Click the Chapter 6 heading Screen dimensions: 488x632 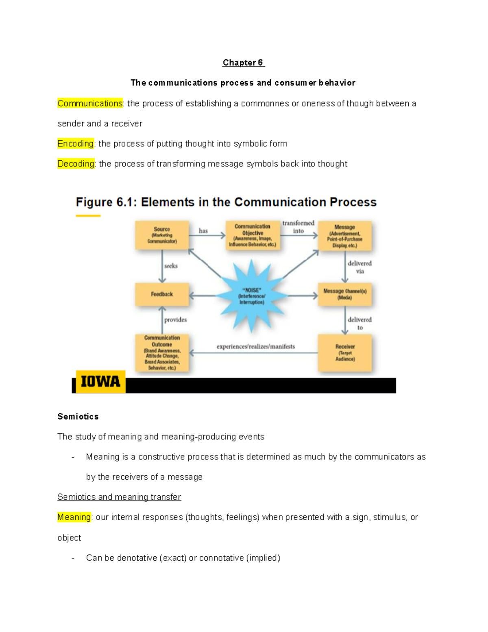[x=243, y=63]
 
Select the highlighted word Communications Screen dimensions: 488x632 [x=90, y=103]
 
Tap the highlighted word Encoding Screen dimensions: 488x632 [x=76, y=144]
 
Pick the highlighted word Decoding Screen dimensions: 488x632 [x=76, y=164]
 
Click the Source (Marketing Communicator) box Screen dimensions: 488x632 [x=162, y=235]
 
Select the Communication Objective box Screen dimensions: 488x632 [x=253, y=235]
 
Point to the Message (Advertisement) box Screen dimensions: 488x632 [x=345, y=236]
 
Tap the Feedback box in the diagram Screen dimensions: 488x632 [x=162, y=294]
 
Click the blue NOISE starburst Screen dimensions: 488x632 [x=252, y=296]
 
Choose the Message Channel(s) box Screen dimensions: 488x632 [x=345, y=294]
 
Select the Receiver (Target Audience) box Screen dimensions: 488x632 [x=345, y=353]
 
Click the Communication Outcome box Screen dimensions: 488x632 [x=162, y=353]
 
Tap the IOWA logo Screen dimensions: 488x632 [x=100, y=382]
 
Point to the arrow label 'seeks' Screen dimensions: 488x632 [x=171, y=266]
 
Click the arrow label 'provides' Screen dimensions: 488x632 [x=176, y=320]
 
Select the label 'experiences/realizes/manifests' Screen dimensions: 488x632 [x=256, y=347]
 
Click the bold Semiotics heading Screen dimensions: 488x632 [x=78, y=416]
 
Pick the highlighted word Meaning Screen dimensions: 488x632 [x=74, y=517]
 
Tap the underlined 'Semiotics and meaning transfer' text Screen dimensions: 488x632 [x=119, y=497]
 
